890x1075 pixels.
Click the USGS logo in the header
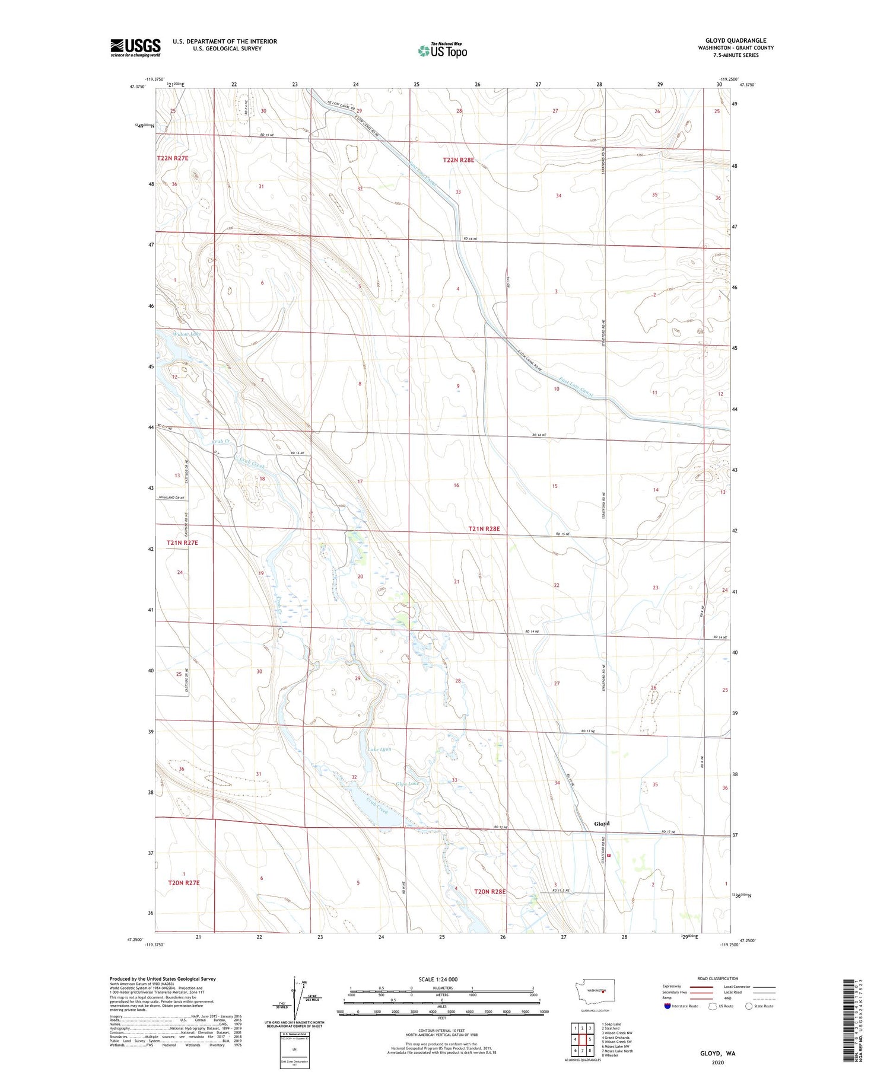135,47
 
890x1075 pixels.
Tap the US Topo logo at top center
443,51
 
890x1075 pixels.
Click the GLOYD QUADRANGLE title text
735,40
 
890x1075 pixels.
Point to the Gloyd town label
602,824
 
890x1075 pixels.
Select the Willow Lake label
187,334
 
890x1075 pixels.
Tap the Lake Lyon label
379,749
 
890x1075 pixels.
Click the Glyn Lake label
408,784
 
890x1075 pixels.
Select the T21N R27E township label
182,543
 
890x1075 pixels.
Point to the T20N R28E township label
490,891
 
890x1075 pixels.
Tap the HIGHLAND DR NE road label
171,497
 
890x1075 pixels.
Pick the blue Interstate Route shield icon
667,1006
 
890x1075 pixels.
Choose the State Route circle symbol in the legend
749,1006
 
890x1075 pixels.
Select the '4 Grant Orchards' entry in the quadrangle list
615,1037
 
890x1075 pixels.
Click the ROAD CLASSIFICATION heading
718,978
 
